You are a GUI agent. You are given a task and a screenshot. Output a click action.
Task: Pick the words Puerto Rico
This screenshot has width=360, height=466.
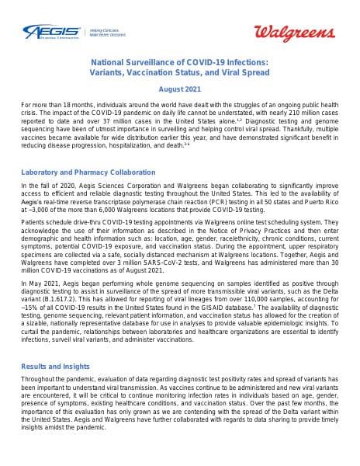[308, 200]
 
